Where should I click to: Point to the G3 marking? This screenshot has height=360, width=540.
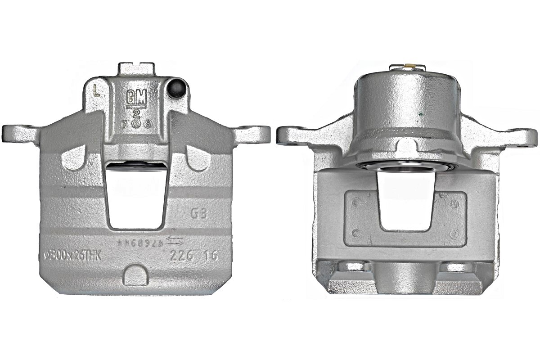[x=199, y=213]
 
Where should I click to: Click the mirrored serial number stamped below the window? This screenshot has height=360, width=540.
[x=139, y=243]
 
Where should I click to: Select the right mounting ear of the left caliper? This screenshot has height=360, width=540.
[x=252, y=133]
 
